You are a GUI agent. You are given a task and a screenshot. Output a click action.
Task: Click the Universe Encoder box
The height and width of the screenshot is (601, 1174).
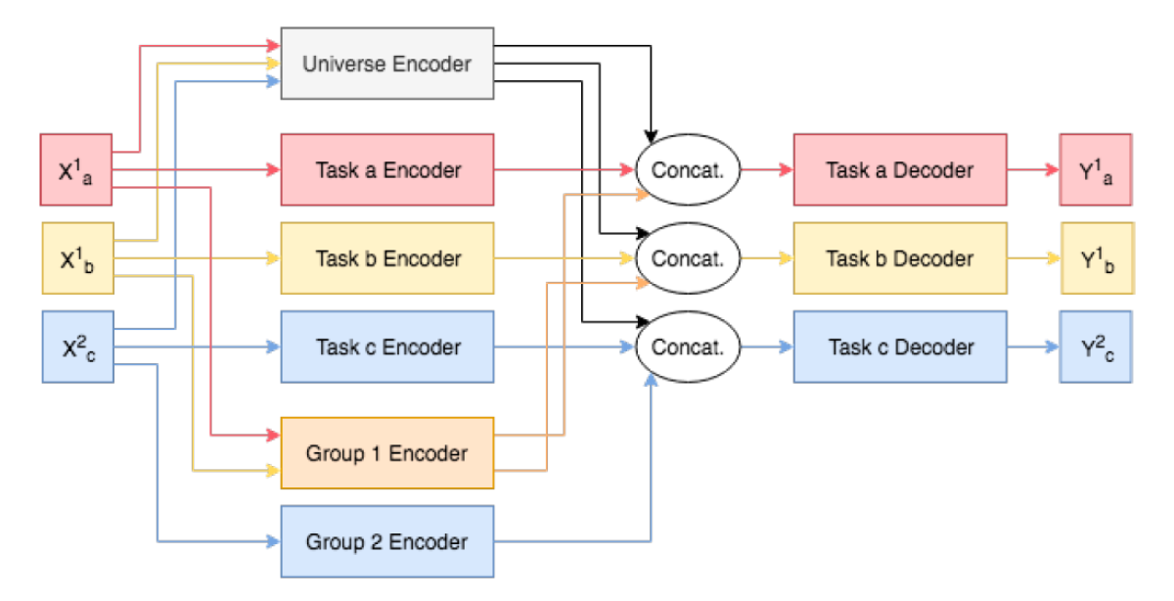pyautogui.click(x=386, y=65)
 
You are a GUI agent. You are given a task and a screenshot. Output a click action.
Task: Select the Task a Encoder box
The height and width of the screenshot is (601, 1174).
pyautogui.click(x=386, y=169)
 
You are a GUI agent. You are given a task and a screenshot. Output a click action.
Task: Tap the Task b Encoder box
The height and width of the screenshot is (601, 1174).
pyautogui.click(x=386, y=259)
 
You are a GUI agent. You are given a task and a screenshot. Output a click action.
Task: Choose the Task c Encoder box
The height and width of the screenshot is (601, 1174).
pyautogui.click(x=386, y=347)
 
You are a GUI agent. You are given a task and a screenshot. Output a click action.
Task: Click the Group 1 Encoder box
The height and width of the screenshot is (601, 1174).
pyautogui.click(x=386, y=453)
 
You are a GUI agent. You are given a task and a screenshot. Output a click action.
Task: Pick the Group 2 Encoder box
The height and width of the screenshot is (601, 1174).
pyautogui.click(x=386, y=541)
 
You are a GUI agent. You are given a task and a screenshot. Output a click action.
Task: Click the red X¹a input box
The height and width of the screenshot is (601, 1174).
pyautogui.click(x=76, y=169)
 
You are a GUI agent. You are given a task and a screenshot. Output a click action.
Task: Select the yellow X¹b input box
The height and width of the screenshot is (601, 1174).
pyautogui.click(x=76, y=258)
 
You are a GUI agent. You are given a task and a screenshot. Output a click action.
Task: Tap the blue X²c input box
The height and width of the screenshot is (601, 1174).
pyautogui.click(x=76, y=347)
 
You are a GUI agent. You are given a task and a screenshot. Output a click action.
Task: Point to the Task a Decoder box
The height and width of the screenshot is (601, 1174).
pyautogui.click(x=899, y=169)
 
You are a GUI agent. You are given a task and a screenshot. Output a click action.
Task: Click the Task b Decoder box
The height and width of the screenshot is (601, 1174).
pyautogui.click(x=899, y=258)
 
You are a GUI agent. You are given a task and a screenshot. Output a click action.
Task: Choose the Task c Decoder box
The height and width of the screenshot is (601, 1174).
pyautogui.click(x=899, y=347)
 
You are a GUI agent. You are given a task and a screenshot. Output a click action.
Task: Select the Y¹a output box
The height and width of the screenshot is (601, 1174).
pyautogui.click(x=1096, y=169)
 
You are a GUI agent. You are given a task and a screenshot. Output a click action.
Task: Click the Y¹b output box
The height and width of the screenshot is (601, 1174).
pyautogui.click(x=1097, y=258)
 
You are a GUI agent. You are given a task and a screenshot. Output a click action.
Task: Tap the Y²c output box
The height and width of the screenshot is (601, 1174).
pyautogui.click(x=1096, y=347)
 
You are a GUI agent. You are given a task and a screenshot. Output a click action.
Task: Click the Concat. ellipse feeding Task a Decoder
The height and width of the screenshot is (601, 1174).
pyautogui.click(x=688, y=169)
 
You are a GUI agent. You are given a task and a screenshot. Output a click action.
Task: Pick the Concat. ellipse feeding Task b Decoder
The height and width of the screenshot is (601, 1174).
pyautogui.click(x=688, y=258)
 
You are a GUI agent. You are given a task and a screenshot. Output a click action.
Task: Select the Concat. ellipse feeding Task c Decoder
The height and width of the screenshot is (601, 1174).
pyautogui.click(x=688, y=347)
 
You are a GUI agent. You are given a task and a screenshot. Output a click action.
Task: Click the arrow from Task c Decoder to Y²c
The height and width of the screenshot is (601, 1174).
pyautogui.click(x=1033, y=347)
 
